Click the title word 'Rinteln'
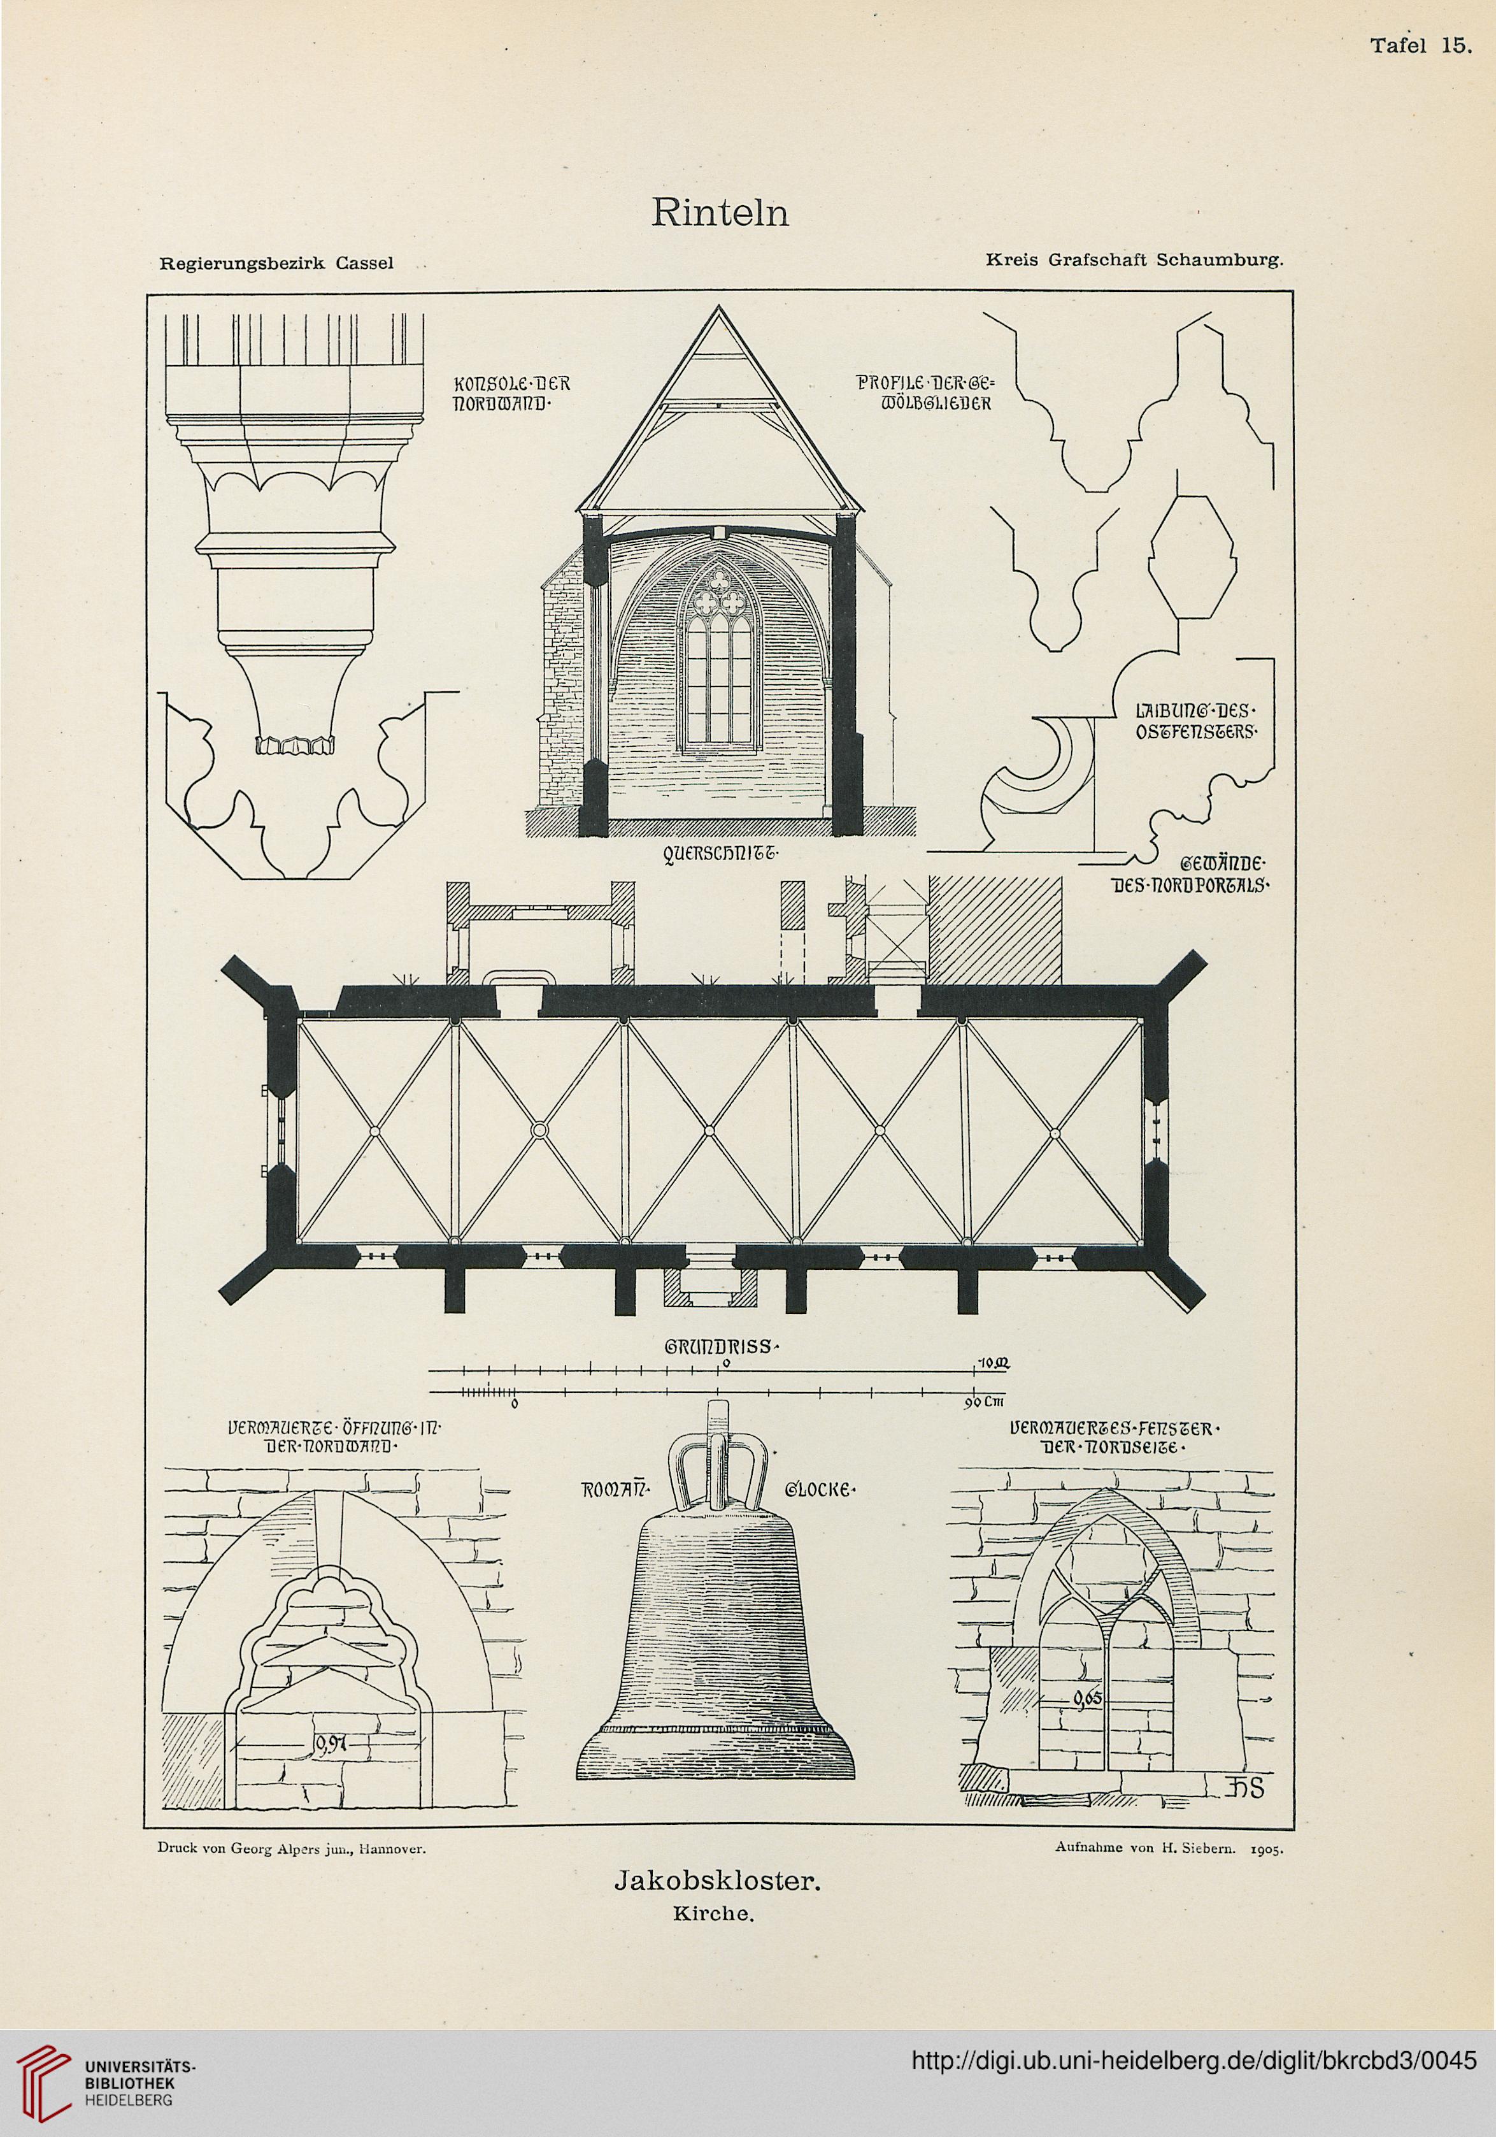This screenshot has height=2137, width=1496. tap(720, 214)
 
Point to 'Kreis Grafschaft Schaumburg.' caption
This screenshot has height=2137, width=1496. tap(1134, 261)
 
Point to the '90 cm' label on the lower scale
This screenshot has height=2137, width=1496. tap(981, 1404)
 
